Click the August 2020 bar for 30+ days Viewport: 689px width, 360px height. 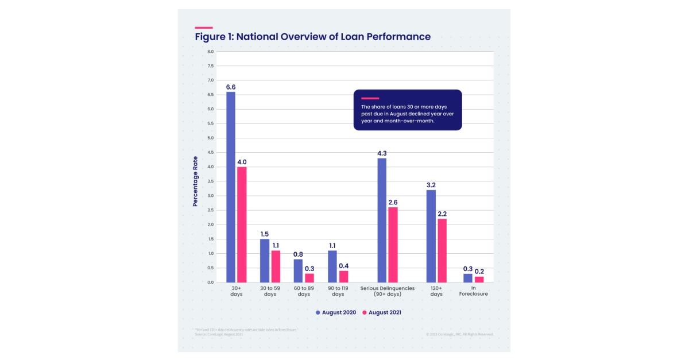(230, 187)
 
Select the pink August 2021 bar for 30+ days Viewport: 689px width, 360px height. (242, 224)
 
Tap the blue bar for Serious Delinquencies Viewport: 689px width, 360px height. (382, 220)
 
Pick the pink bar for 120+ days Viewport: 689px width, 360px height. (442, 250)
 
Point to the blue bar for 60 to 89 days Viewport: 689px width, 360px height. (298, 270)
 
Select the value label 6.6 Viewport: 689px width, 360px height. (230, 87)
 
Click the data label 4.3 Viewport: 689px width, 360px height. (382, 153)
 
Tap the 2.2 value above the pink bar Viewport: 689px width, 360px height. (442, 214)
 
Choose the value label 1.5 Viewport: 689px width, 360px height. (264, 234)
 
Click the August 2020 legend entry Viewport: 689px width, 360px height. (336, 312)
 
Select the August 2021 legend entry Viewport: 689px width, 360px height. (381, 312)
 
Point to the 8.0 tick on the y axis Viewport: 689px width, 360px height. (210, 52)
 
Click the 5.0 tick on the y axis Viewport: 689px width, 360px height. (210, 138)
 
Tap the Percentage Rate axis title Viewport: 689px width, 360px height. (195, 181)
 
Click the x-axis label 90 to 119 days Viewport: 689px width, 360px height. (338, 291)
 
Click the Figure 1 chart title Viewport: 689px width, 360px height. (313, 37)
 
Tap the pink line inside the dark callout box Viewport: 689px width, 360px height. (370, 98)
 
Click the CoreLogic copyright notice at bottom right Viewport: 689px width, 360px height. (459, 334)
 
